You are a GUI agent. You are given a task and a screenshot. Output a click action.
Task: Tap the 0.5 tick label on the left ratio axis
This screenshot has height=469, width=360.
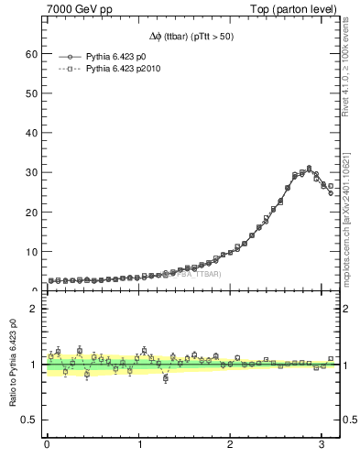(28, 420)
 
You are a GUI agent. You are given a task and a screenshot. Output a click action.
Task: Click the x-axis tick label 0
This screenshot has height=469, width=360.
(47, 444)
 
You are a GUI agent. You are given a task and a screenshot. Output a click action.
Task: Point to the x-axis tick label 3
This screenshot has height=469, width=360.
(322, 444)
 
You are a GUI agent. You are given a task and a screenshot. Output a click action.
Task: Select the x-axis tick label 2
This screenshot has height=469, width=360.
(230, 444)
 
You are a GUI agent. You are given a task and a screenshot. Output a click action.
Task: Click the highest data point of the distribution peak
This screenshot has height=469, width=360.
(309, 169)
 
